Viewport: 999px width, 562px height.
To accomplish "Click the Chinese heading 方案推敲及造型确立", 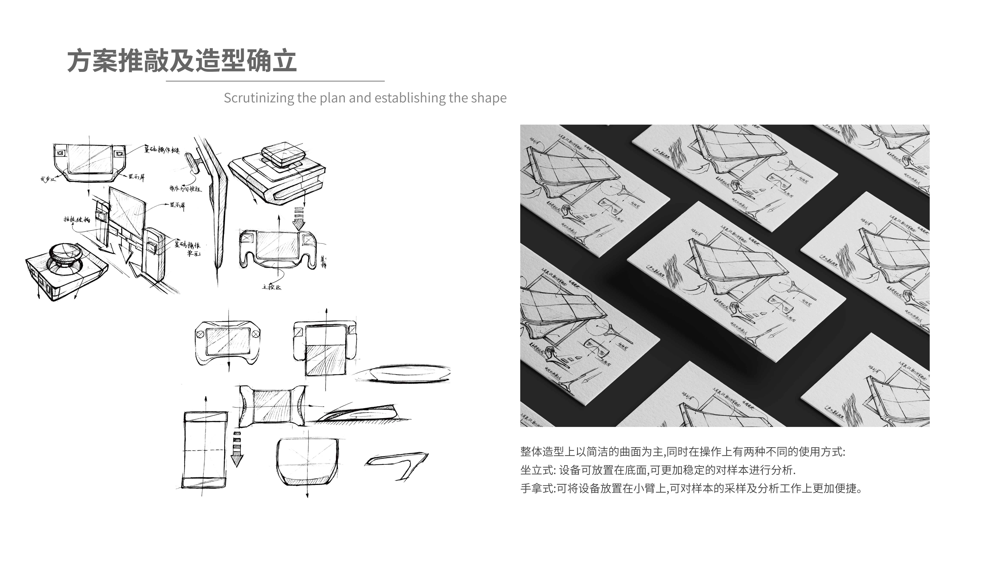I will click(x=181, y=61).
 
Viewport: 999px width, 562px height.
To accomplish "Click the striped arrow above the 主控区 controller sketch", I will click(x=299, y=219).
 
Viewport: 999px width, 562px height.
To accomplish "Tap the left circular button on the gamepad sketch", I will click(x=200, y=334).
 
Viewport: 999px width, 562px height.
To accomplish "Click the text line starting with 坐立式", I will click(x=658, y=470).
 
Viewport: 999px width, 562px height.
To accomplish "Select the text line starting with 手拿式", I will click(x=691, y=488).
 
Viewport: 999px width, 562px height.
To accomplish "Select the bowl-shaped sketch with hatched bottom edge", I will click(x=307, y=462).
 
